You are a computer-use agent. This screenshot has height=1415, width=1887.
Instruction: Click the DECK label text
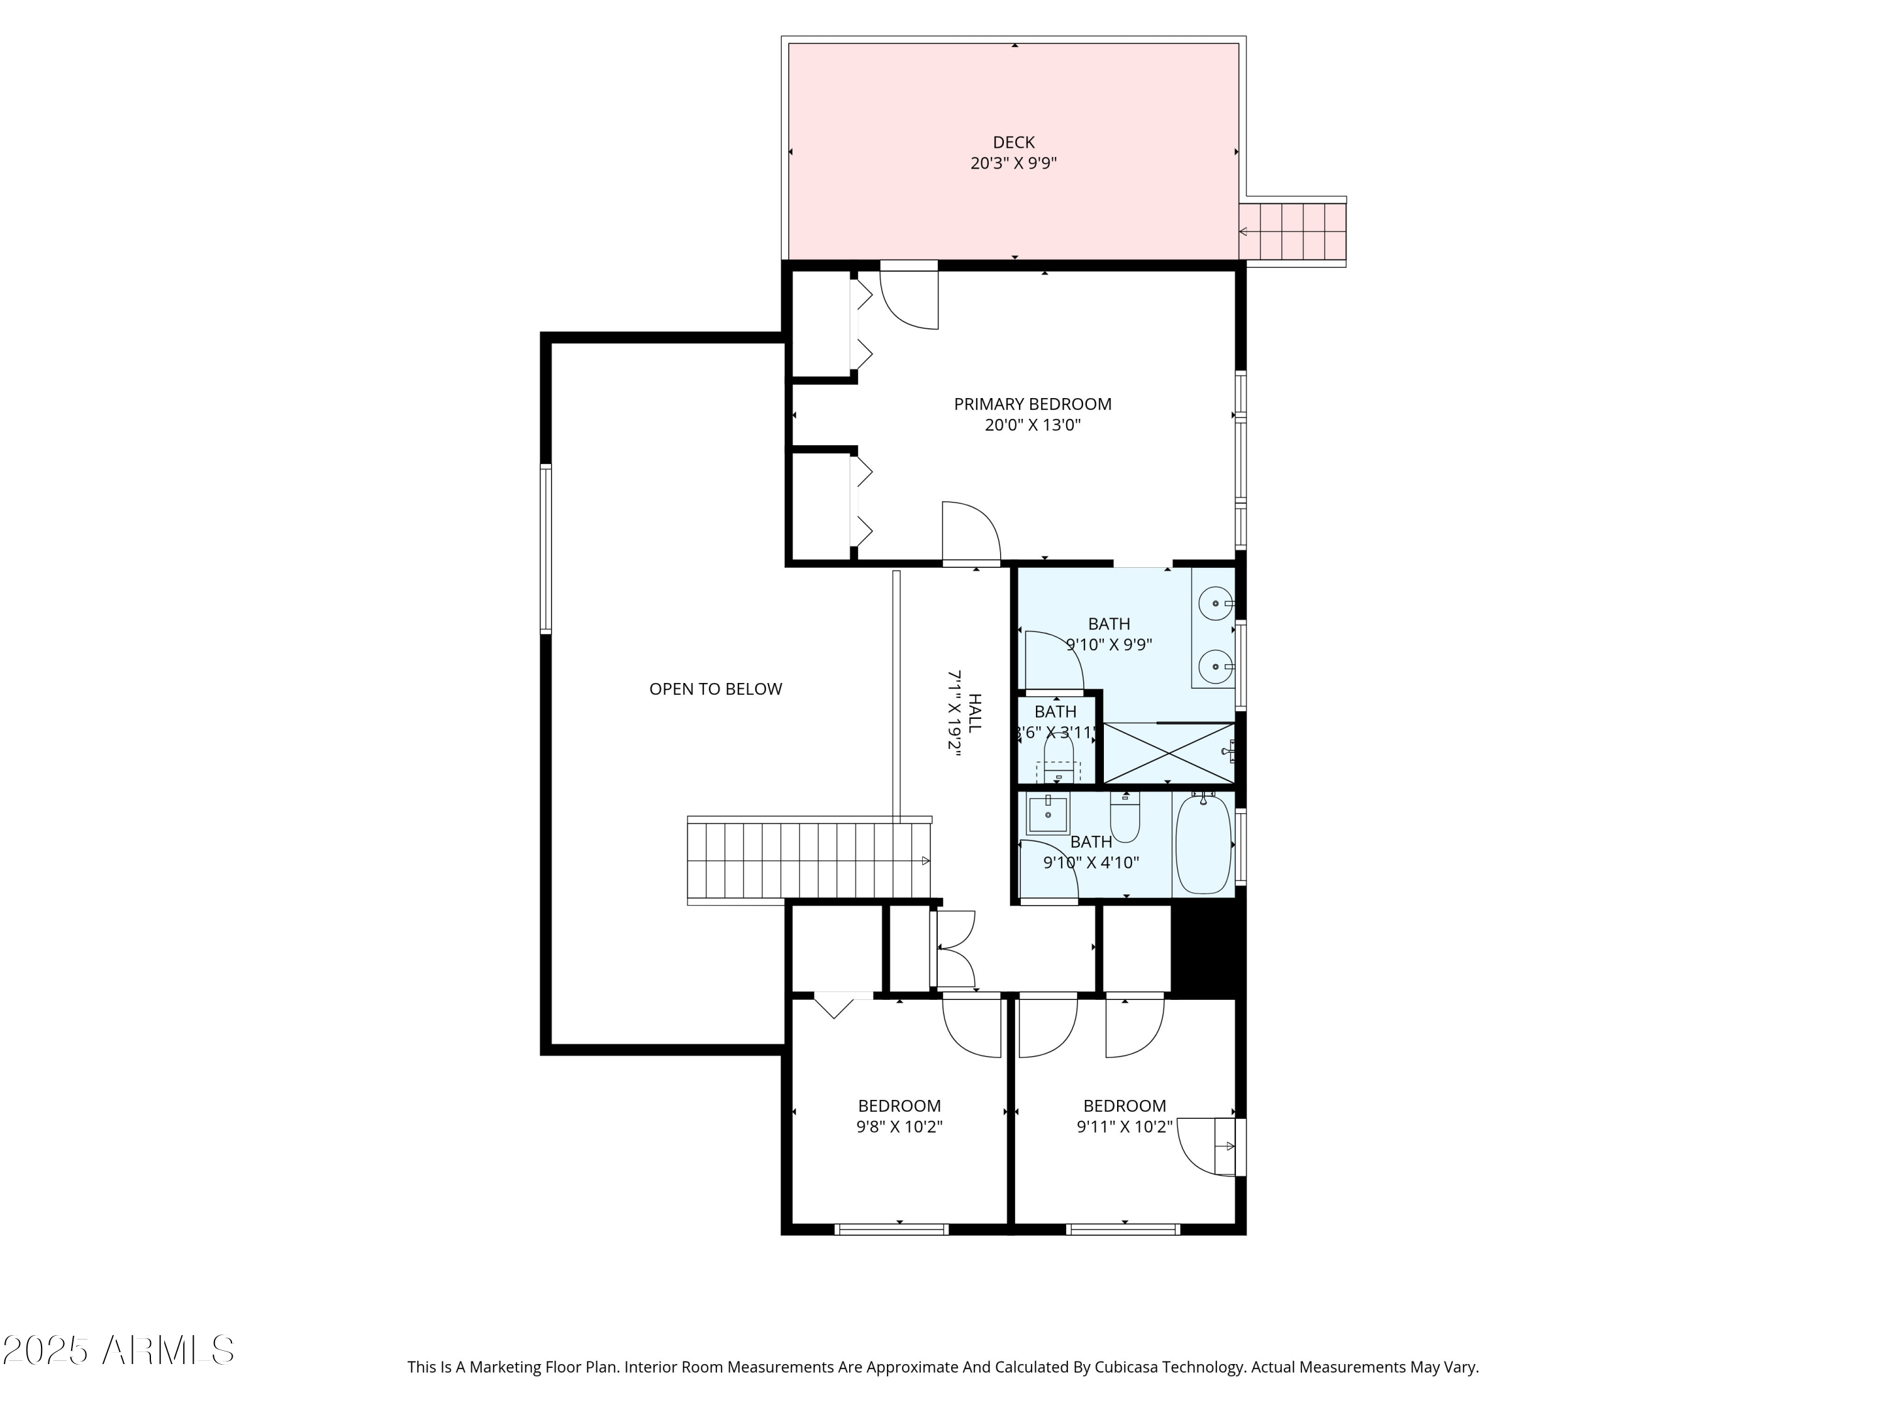(1013, 142)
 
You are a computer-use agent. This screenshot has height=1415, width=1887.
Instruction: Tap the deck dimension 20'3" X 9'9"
(1013, 164)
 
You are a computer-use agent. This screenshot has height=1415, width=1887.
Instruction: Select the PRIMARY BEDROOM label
(1032, 404)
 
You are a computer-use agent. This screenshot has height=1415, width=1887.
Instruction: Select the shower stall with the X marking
(1168, 752)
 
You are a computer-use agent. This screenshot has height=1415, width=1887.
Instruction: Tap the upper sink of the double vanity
(1215, 604)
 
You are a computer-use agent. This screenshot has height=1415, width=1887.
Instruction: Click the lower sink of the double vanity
(1215, 666)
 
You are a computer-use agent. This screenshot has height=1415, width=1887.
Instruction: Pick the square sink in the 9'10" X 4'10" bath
(1047, 814)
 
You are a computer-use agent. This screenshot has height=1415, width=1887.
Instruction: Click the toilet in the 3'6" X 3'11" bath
(1058, 759)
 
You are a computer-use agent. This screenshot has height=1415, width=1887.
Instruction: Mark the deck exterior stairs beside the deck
(1293, 232)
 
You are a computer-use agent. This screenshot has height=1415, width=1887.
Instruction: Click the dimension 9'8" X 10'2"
(899, 1127)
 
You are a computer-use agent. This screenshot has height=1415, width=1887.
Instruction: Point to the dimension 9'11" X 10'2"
(1125, 1127)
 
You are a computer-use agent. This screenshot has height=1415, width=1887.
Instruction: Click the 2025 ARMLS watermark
(118, 1351)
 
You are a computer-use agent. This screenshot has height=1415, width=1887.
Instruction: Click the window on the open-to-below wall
(546, 548)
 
